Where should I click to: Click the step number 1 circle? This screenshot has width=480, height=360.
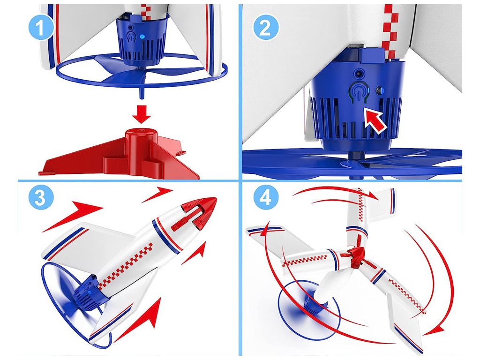[41, 28]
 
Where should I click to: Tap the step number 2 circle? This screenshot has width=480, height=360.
[265, 28]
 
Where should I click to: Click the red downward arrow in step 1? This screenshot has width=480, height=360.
[142, 114]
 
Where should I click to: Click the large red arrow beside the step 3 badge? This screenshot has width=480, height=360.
[72, 216]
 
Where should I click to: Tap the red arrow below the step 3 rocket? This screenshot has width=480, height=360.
[141, 318]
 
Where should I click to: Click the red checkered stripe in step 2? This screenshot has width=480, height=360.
[390, 31]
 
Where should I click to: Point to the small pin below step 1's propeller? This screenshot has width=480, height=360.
[141, 93]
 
